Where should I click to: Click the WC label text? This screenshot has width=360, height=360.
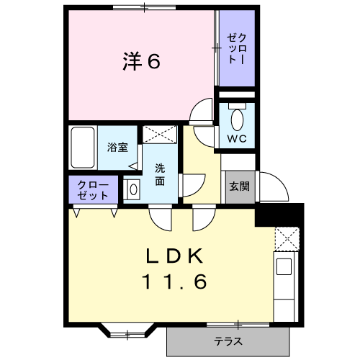(x=237, y=138)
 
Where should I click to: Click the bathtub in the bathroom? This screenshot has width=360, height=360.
(x=83, y=147)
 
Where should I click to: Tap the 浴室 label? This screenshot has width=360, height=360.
(x=117, y=148)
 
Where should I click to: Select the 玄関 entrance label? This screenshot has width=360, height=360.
(x=239, y=186)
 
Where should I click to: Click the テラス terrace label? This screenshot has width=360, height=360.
(x=228, y=341)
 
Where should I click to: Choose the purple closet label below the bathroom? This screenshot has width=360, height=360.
(x=93, y=189)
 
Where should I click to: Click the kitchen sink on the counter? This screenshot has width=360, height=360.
(x=283, y=266)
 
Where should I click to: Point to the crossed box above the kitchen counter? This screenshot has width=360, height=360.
(x=286, y=238)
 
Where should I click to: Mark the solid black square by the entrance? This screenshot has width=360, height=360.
(x=279, y=214)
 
